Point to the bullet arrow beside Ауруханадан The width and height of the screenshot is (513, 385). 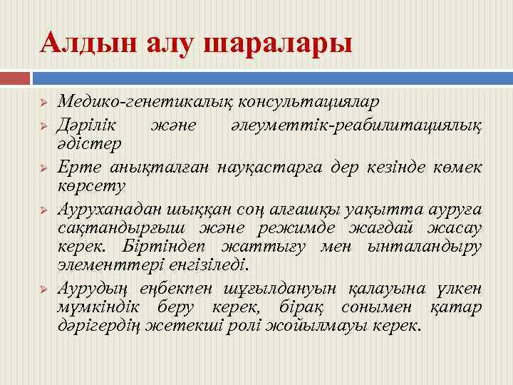coord(43,210)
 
